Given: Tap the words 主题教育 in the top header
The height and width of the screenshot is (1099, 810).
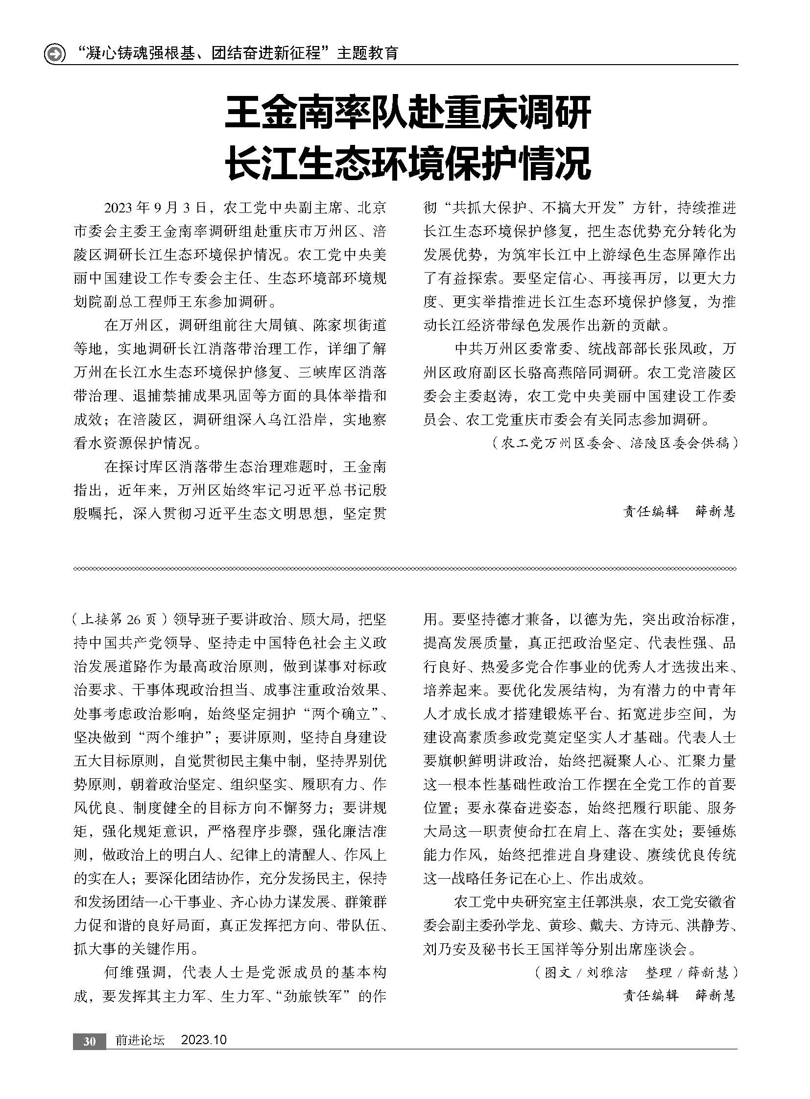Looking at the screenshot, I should coord(367,53).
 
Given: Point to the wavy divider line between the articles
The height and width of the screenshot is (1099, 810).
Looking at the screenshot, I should coord(405,569).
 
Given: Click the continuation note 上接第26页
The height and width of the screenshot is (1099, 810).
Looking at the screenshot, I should coord(120,620).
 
